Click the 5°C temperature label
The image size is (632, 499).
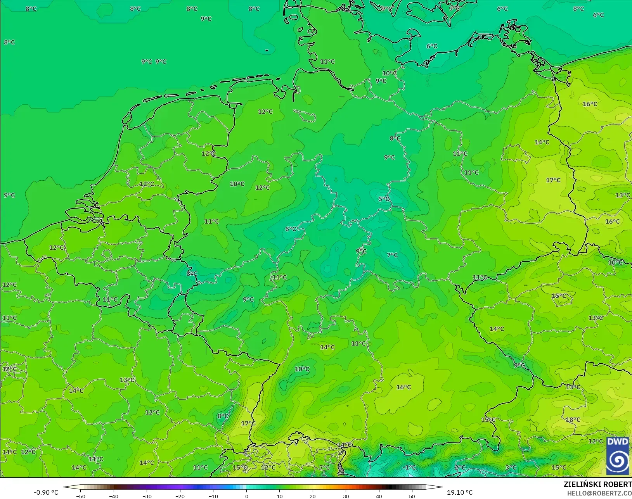(x=384, y=199)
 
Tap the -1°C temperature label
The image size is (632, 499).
(x=409, y=467)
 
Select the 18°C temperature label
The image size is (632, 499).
(x=573, y=420)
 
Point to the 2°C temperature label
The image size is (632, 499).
(x=460, y=467)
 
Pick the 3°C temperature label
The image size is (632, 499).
(x=511, y=467)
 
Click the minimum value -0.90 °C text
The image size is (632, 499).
(x=46, y=492)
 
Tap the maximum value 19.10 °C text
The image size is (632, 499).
(x=460, y=492)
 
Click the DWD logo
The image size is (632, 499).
(x=618, y=456)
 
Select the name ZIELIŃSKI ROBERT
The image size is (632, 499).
(x=597, y=485)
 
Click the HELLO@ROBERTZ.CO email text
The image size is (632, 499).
(x=599, y=493)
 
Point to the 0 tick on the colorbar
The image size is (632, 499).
(x=247, y=496)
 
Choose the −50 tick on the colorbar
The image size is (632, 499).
(x=81, y=496)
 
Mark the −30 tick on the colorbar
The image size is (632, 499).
(x=147, y=496)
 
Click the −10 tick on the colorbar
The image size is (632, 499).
(x=213, y=496)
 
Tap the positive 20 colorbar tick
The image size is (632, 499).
(x=313, y=496)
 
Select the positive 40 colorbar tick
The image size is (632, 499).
(x=379, y=496)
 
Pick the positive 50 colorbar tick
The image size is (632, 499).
(x=412, y=496)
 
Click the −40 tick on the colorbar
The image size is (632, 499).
(x=114, y=496)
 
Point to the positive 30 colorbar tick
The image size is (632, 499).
(x=346, y=496)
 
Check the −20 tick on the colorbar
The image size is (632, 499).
(x=180, y=496)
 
